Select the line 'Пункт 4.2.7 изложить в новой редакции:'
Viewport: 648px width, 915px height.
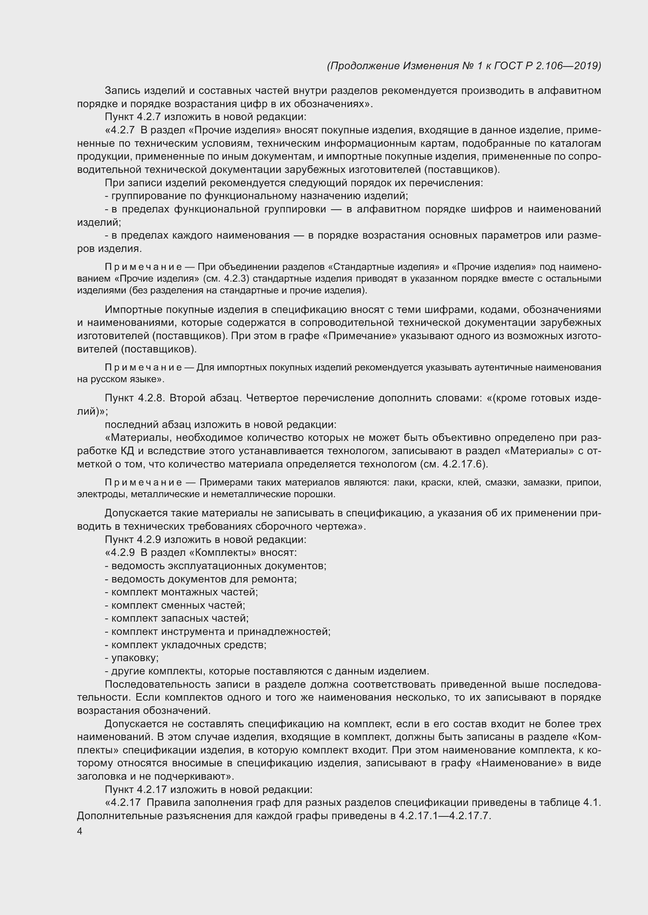pos(206,117)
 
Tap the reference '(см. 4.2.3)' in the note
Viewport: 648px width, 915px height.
pos(226,279)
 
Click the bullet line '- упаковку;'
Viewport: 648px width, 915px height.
pos(132,658)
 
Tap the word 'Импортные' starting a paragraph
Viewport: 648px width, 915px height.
pos(133,310)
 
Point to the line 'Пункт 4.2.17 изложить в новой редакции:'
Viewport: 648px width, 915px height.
pos(208,789)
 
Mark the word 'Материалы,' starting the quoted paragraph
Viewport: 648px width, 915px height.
pos(138,438)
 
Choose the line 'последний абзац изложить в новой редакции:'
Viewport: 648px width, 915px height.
pos(220,424)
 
